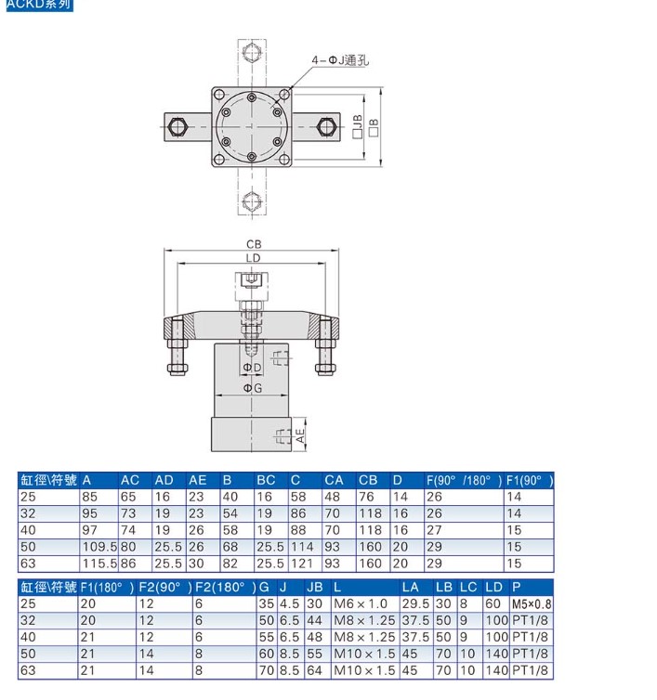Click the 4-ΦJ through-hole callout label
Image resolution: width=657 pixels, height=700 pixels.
(x=340, y=59)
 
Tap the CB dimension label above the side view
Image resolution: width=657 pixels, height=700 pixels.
(x=254, y=244)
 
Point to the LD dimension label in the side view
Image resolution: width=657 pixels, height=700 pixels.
(x=253, y=258)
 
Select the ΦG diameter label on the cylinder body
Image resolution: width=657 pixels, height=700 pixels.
(x=253, y=388)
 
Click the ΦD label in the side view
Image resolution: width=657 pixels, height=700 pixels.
(x=252, y=368)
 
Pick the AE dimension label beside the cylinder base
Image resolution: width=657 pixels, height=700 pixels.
(x=300, y=435)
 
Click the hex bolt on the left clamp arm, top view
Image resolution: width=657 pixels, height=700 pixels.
(x=177, y=127)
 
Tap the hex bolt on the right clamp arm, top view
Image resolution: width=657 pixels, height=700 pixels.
(x=327, y=127)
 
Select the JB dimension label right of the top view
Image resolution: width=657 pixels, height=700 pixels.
(x=358, y=126)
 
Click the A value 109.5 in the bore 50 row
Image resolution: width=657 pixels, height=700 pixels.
(x=99, y=547)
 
